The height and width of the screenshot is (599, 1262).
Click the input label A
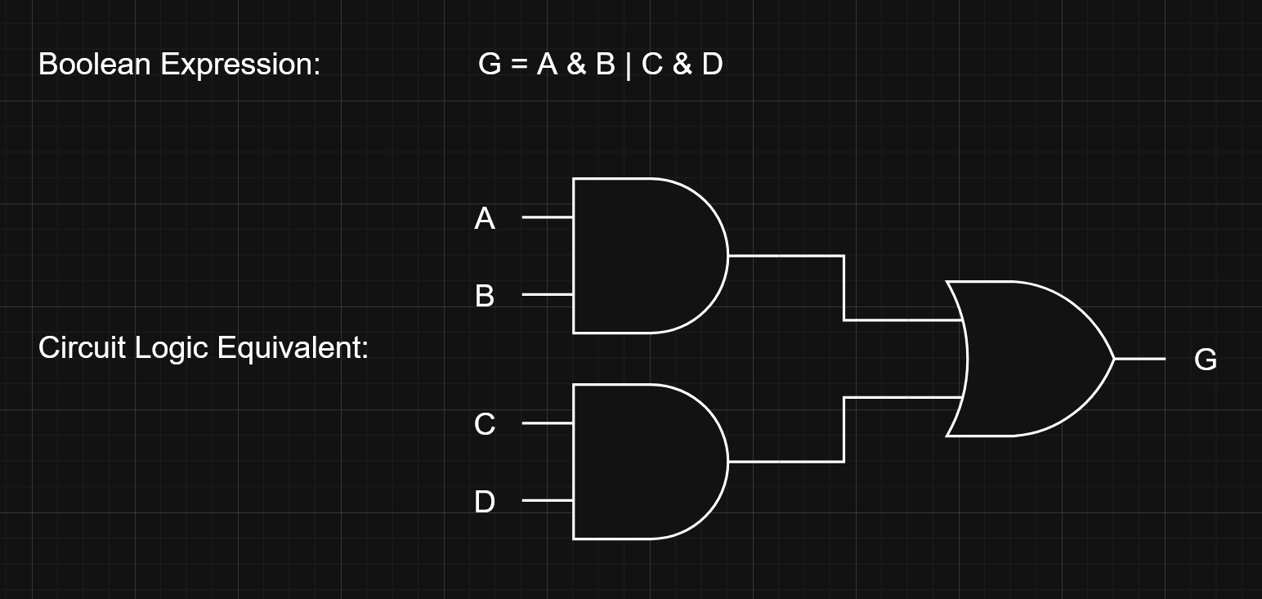(485, 219)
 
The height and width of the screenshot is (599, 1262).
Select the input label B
(485, 296)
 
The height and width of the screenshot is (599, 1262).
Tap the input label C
(485, 425)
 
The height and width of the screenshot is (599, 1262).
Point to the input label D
(485, 502)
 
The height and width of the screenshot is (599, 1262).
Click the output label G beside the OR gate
(1206, 360)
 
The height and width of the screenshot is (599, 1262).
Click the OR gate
(1030, 359)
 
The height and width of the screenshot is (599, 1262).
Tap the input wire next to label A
(547, 217)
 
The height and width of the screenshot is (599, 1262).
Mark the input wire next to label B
(547, 294)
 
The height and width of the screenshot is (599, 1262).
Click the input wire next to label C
(547, 423)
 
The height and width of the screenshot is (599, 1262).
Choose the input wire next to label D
(547, 500)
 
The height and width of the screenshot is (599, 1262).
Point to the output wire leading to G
(1139, 358)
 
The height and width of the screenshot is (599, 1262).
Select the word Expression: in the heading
(240, 64)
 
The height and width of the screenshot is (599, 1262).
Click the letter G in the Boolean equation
(490, 64)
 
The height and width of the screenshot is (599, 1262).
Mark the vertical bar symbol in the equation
(629, 65)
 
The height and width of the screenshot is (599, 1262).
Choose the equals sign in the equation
(519, 64)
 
